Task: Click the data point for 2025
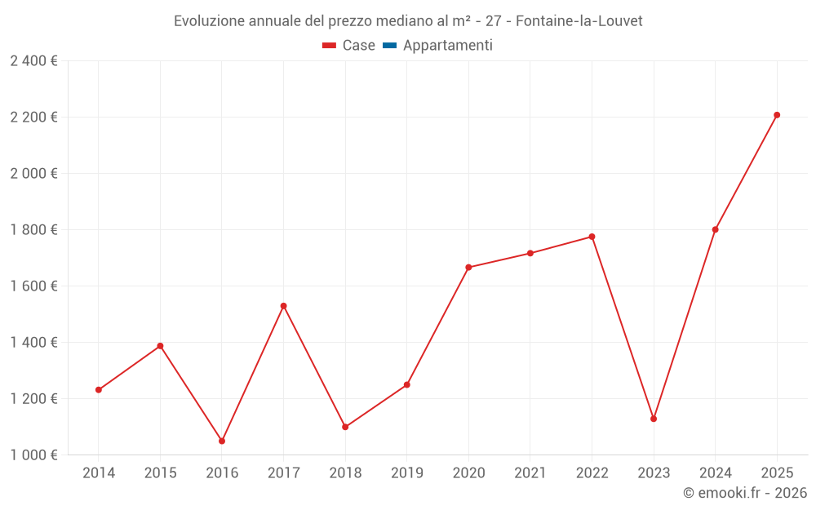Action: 777,115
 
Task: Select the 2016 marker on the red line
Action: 222,441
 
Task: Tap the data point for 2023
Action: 654,419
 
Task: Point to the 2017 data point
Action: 283,306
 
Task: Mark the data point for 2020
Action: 468,268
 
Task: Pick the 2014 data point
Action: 99,390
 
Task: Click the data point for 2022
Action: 592,237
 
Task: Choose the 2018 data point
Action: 345,427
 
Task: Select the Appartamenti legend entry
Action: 447,46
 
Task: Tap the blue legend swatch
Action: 389,46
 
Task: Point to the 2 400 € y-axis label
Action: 34,61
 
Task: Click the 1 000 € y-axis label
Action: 34,455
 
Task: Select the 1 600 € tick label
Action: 34,286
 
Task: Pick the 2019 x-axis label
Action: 406,473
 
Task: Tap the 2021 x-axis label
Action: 530,473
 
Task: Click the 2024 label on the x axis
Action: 715,473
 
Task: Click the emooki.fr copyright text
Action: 745,493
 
